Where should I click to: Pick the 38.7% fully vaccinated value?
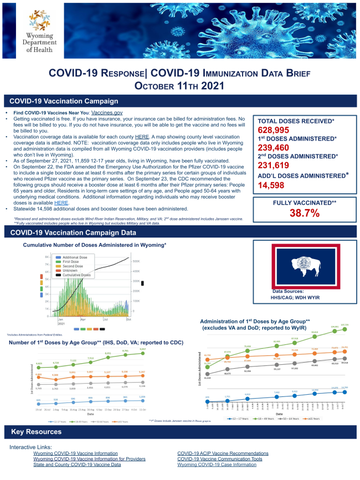coord(301,213)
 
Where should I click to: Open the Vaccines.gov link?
coord(106,112)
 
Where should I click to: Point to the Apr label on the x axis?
coord(83,320)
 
